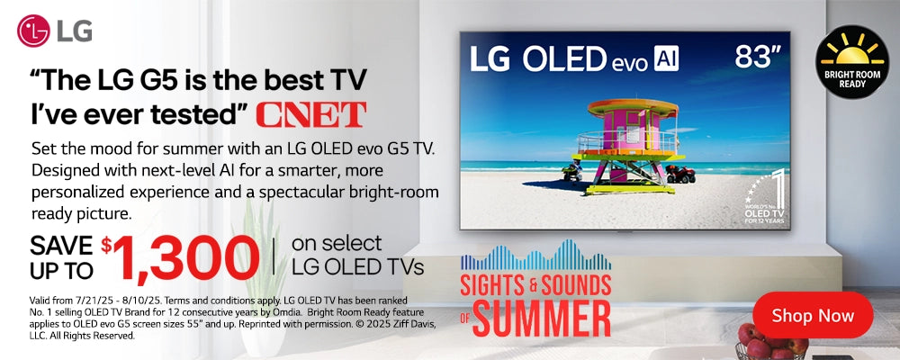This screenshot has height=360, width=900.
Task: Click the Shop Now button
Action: [812, 315]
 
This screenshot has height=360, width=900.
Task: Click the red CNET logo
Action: [311, 114]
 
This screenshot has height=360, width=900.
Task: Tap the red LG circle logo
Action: [33, 31]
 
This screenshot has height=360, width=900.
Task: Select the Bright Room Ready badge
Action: [851, 62]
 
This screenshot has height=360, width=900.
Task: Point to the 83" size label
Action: [758, 58]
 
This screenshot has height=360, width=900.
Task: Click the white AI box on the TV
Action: [666, 58]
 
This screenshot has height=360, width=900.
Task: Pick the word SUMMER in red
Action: [541, 317]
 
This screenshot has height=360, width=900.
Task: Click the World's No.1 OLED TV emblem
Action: [765, 197]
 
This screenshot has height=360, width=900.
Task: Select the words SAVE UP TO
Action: [61, 257]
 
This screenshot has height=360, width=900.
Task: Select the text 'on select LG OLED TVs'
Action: [357, 255]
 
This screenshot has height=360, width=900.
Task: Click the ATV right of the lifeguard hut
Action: [679, 174]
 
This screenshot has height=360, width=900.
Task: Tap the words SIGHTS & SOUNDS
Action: [535, 284]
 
